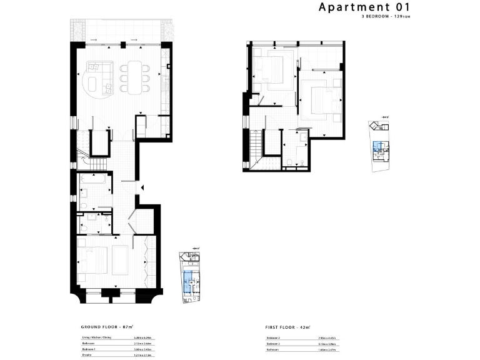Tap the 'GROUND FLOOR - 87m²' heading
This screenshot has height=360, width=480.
pos(108,327)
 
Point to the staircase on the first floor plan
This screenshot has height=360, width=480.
pos(256,149)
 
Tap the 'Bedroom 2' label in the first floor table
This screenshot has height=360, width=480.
pos(274,337)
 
